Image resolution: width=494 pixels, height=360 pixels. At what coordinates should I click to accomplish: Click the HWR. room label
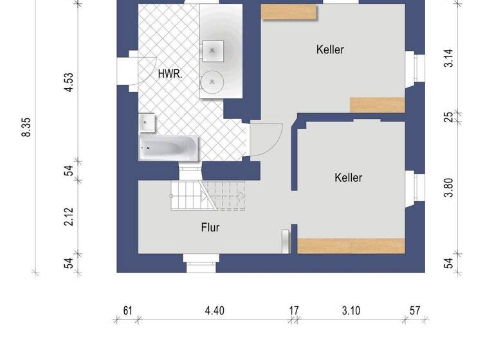(170, 74)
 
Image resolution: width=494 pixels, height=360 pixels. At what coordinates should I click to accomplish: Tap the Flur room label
(210, 227)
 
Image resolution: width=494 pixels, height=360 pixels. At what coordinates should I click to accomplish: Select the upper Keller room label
(330, 50)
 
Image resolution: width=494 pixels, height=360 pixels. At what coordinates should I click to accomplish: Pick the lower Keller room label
(349, 177)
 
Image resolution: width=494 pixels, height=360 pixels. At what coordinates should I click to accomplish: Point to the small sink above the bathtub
(148, 122)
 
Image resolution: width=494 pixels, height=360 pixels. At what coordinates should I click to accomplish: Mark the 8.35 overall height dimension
(26, 127)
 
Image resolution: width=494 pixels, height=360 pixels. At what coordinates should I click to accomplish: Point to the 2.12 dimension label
(69, 216)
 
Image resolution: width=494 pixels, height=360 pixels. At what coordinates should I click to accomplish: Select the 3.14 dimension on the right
(449, 59)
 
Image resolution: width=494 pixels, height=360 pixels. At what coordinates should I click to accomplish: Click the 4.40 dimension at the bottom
(215, 311)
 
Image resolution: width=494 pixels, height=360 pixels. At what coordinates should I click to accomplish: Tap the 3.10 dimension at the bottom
(351, 311)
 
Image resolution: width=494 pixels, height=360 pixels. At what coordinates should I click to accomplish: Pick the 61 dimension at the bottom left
(127, 311)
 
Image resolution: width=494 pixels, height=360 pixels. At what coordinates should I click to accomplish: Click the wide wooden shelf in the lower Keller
(351, 246)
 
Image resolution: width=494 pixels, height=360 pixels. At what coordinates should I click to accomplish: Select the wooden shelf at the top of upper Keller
(289, 12)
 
